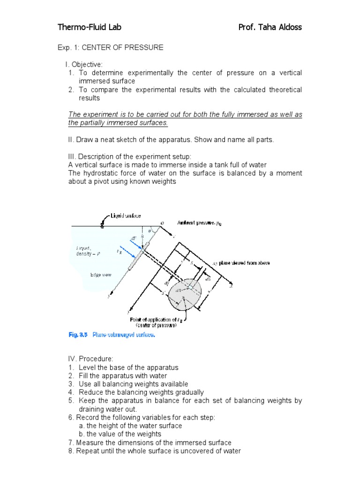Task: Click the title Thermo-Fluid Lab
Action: tap(89, 27)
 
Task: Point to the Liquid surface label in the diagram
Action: tap(125, 216)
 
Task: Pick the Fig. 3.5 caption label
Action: tap(78, 335)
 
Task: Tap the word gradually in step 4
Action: tap(189, 392)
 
